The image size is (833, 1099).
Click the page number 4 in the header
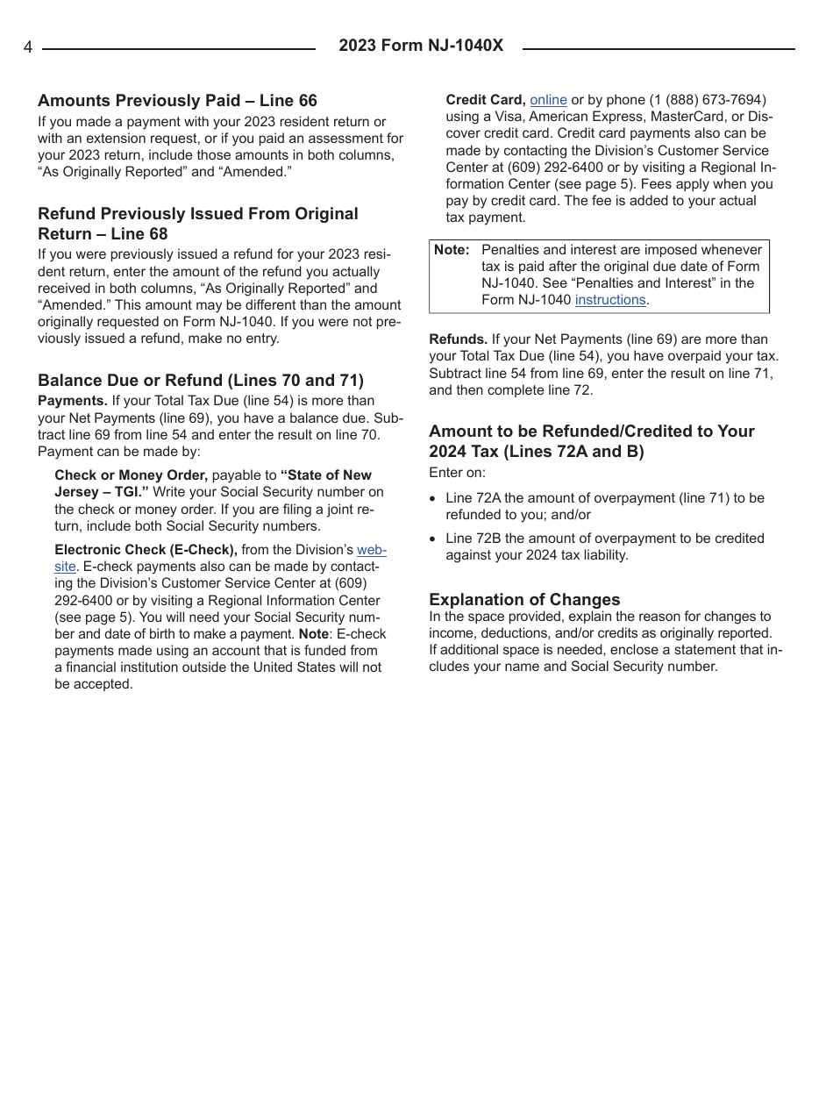[28, 47]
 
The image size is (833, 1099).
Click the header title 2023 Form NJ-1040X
[421, 46]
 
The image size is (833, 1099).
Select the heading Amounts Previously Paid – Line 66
[177, 101]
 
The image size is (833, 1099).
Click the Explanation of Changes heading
[524, 599]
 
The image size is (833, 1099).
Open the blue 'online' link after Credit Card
[548, 100]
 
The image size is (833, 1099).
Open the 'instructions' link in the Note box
[610, 300]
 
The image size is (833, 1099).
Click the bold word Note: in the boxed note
[452, 250]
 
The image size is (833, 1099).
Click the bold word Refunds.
[458, 339]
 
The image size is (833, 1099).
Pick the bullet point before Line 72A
[433, 499]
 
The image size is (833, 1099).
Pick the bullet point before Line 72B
[433, 539]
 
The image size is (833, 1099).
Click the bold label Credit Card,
[486, 100]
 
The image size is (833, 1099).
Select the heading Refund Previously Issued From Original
[198, 214]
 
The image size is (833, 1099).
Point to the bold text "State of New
[326, 475]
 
